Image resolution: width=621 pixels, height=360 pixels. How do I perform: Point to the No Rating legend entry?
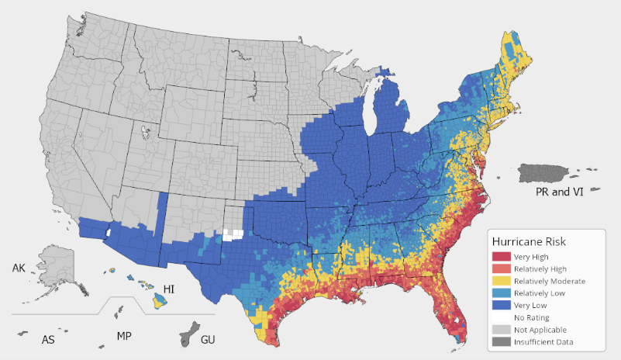click(533, 317)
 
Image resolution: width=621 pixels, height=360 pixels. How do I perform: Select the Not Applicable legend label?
click(541, 330)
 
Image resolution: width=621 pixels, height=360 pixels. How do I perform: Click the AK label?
click(19, 268)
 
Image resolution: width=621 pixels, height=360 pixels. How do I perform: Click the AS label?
click(48, 340)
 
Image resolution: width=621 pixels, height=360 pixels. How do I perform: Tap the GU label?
click(208, 340)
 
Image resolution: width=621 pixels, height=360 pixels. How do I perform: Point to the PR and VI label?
click(560, 192)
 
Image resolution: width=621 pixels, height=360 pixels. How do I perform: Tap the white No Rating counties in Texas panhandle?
click(233, 233)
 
